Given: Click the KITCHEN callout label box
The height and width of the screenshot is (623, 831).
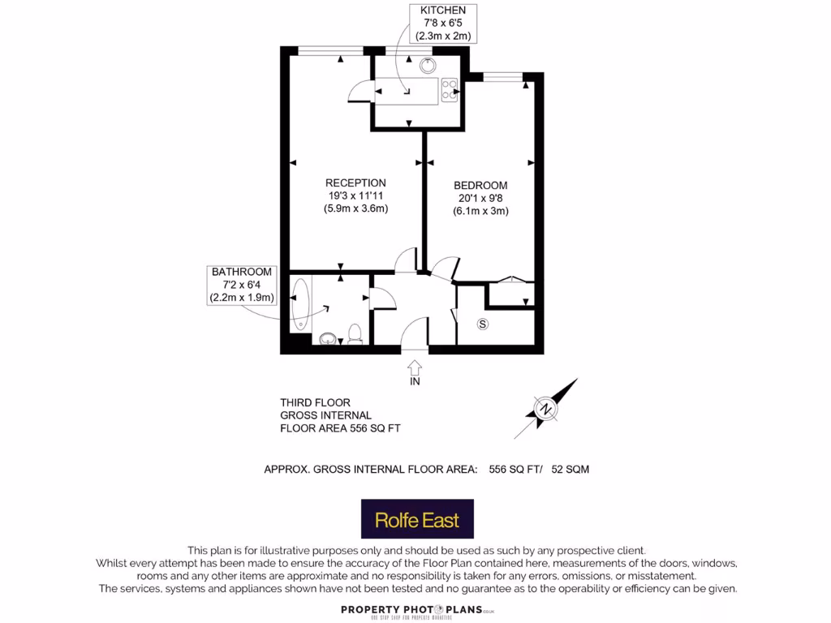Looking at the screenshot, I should tap(443, 23).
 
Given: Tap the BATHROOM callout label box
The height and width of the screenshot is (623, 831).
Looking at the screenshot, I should tap(242, 285).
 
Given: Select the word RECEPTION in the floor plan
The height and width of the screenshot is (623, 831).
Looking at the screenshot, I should tap(355, 183).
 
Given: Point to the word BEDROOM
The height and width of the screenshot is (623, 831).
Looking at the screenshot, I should tap(480, 186).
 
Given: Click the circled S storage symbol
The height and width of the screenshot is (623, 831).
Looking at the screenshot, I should tap(483, 324).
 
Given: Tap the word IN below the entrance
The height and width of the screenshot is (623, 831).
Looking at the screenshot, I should tap(415, 381).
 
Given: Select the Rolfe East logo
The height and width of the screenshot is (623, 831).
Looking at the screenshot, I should tap(417, 519).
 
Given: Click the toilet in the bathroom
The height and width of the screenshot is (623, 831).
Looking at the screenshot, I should tap(355, 334).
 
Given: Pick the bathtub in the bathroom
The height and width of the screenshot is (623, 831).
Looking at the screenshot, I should tap(301, 304).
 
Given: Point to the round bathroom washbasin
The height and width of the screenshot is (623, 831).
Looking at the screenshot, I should tap(328, 338).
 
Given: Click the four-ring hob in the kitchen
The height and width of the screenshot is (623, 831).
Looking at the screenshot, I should tap(450, 90).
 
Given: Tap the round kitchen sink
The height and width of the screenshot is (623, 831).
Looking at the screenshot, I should tap(427, 67).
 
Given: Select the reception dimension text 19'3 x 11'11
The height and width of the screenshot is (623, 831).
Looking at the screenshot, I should tap(355, 195).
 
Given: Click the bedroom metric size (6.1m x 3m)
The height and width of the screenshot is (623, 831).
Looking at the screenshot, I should tap(480, 211).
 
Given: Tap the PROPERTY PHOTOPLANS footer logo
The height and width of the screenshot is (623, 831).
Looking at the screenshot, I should tap(417, 610).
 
